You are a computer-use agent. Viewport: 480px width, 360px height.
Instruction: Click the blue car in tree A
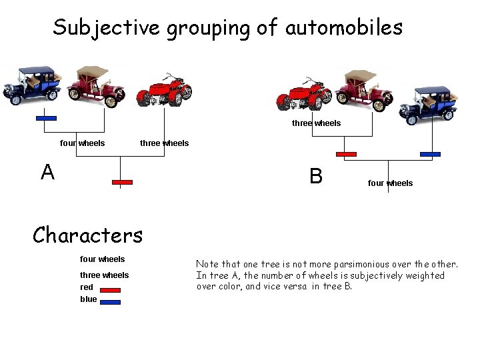coord(31,85)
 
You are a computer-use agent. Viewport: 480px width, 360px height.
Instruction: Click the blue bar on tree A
coord(46,119)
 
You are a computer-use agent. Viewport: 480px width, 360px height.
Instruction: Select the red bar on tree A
coord(123,182)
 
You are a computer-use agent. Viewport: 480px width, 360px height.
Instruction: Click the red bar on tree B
coord(347,154)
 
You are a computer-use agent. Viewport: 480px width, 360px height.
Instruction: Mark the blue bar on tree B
coord(431,154)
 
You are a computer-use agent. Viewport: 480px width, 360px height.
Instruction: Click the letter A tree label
coord(47,173)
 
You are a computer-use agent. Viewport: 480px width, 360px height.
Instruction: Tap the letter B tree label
coord(316,176)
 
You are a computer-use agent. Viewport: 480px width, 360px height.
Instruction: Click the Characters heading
coord(88,235)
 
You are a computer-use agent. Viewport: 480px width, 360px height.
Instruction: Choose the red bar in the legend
coord(110,290)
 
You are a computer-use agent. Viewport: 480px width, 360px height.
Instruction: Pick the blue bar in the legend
coord(110,302)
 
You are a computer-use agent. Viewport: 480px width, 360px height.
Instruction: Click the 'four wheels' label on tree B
coord(390,183)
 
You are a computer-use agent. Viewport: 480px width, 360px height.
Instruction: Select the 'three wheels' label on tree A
coord(164,143)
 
